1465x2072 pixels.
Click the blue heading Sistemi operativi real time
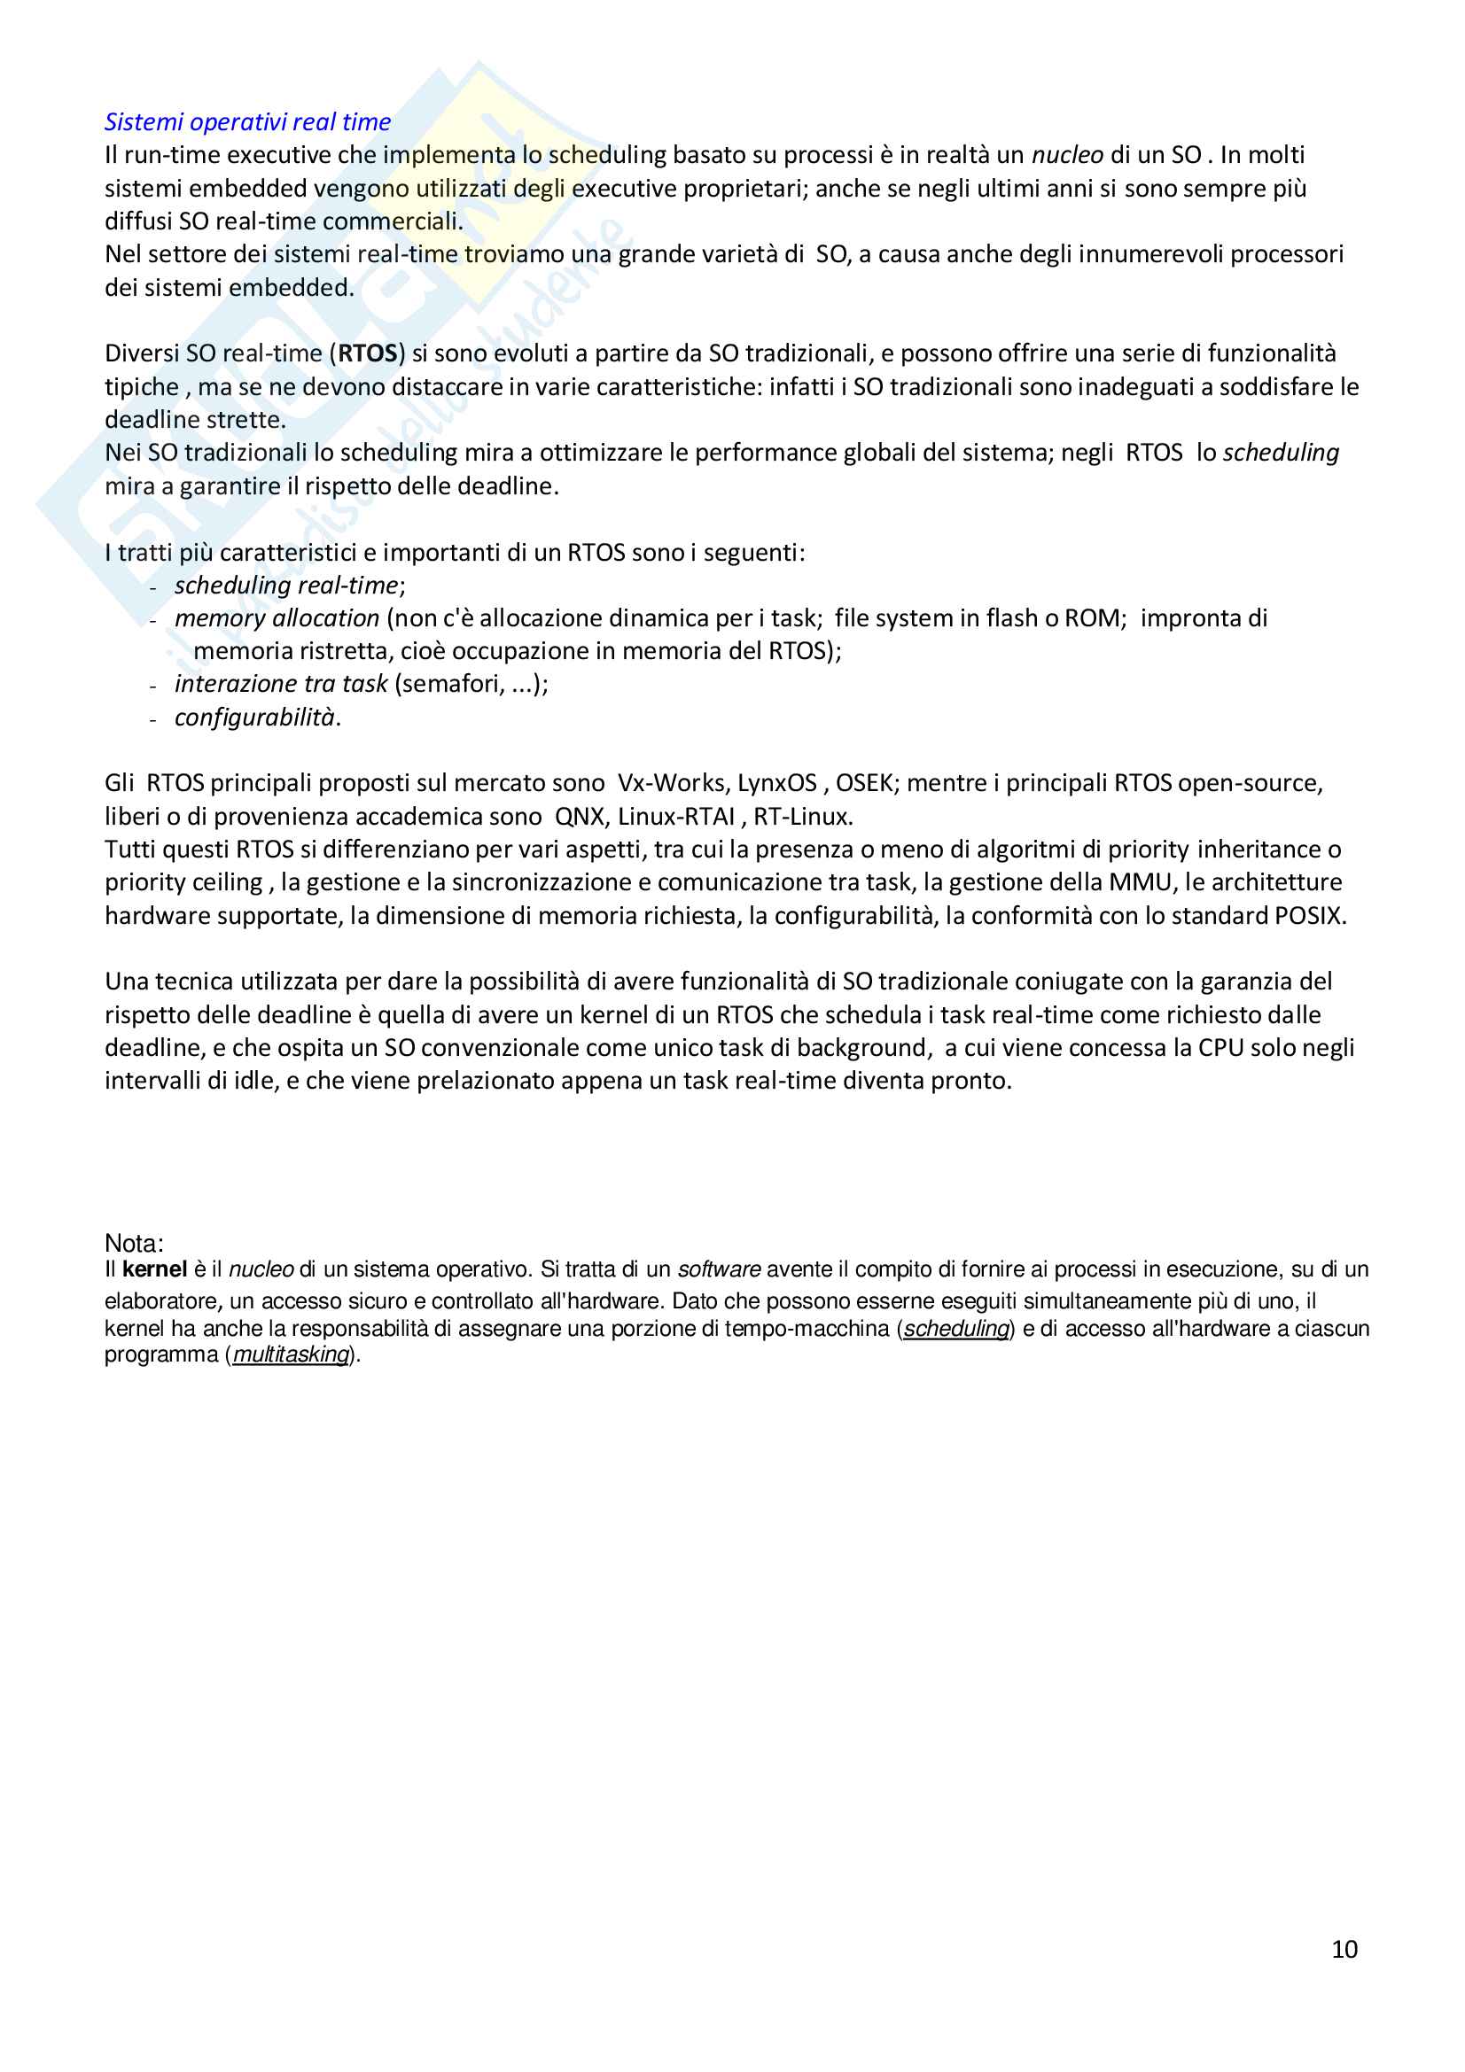point(247,122)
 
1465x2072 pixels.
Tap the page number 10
point(1344,1949)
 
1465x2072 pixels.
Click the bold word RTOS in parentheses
point(368,353)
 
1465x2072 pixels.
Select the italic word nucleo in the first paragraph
point(1067,155)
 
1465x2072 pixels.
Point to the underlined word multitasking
point(291,1354)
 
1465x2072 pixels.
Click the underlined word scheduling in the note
point(956,1329)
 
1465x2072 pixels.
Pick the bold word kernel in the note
point(154,1269)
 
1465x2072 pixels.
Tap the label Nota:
point(134,1244)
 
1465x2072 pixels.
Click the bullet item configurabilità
point(254,718)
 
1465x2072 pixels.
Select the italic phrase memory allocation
point(277,618)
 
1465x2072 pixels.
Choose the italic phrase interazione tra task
point(281,684)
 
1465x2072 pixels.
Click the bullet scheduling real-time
point(286,586)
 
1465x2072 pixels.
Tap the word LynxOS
point(777,783)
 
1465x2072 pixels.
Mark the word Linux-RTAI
point(676,817)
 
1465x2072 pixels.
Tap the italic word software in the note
point(720,1269)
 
